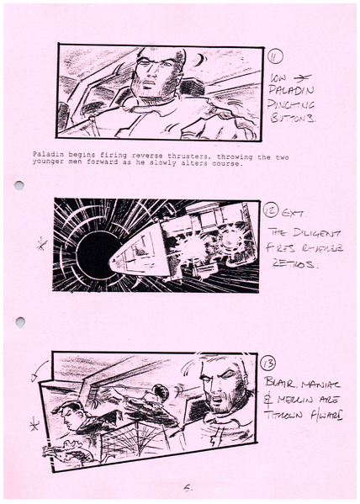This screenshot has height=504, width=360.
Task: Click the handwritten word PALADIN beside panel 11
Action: (291, 90)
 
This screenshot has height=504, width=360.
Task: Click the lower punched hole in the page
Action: (19, 321)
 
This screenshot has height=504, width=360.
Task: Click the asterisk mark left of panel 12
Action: (40, 247)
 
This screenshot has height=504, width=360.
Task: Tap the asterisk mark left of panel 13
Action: (34, 427)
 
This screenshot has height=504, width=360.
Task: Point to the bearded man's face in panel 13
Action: (221, 389)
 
